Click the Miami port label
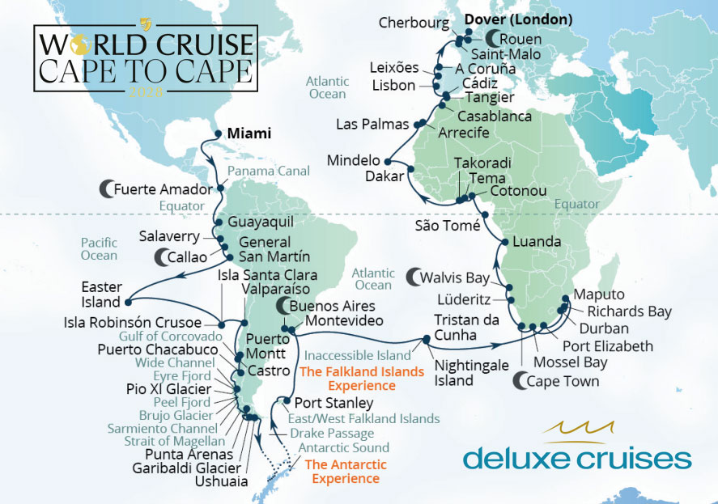click(x=249, y=133)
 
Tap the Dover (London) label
click(x=518, y=19)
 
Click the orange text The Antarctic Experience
click(x=342, y=472)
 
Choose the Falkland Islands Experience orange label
click(x=361, y=379)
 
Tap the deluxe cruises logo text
click(x=577, y=459)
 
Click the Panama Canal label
click(x=268, y=172)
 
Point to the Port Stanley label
click(x=334, y=402)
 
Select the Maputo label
click(x=601, y=294)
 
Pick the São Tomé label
click(x=448, y=226)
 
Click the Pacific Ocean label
click(x=99, y=249)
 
